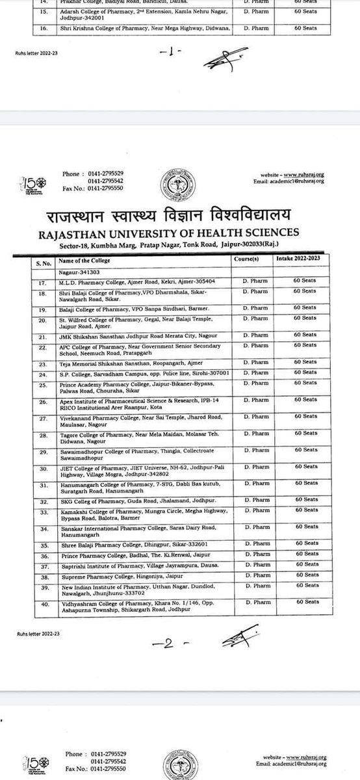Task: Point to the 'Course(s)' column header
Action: (246, 259)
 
